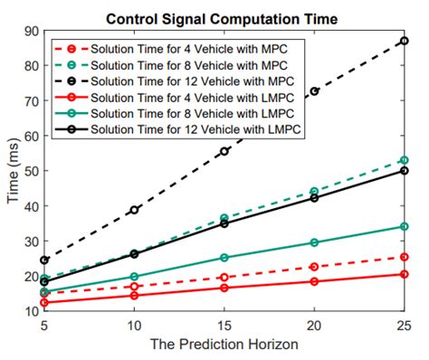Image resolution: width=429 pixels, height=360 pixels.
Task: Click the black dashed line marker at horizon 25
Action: point(405,41)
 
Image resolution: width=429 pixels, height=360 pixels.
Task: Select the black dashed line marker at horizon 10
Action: point(134,210)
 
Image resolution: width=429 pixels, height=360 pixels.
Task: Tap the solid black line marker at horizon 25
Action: point(405,170)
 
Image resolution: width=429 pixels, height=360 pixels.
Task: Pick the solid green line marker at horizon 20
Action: point(314,242)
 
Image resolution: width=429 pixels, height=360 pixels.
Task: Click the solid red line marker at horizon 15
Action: point(224,288)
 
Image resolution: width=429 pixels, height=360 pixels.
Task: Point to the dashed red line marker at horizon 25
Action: point(405,257)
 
